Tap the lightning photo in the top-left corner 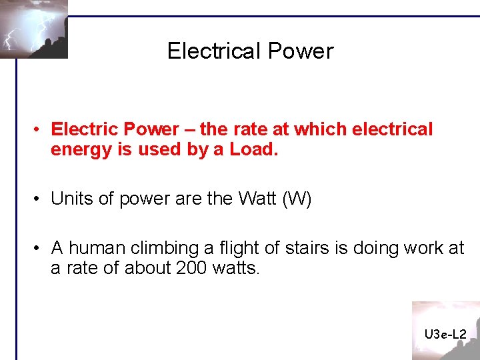[x=34, y=29]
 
